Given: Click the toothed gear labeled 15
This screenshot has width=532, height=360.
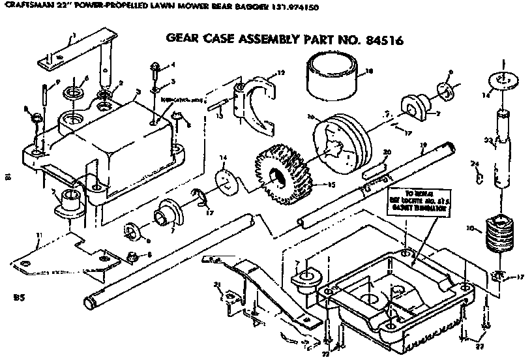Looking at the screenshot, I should pos(282,173).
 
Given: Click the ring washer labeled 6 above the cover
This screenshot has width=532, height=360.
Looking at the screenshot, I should pos(72,87).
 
